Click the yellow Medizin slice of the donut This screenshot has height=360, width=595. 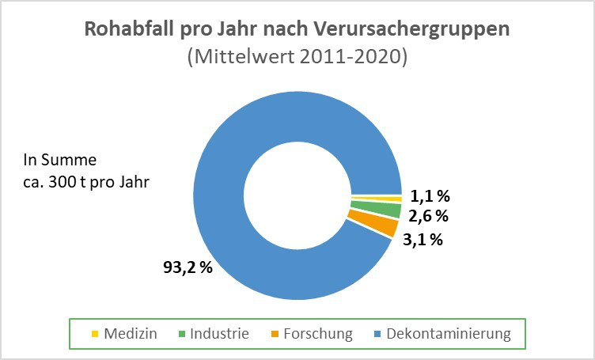tap(376, 199)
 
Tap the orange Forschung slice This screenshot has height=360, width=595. tap(371, 226)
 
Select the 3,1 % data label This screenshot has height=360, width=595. tap(422, 238)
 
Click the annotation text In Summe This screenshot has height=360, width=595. tap(60, 161)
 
